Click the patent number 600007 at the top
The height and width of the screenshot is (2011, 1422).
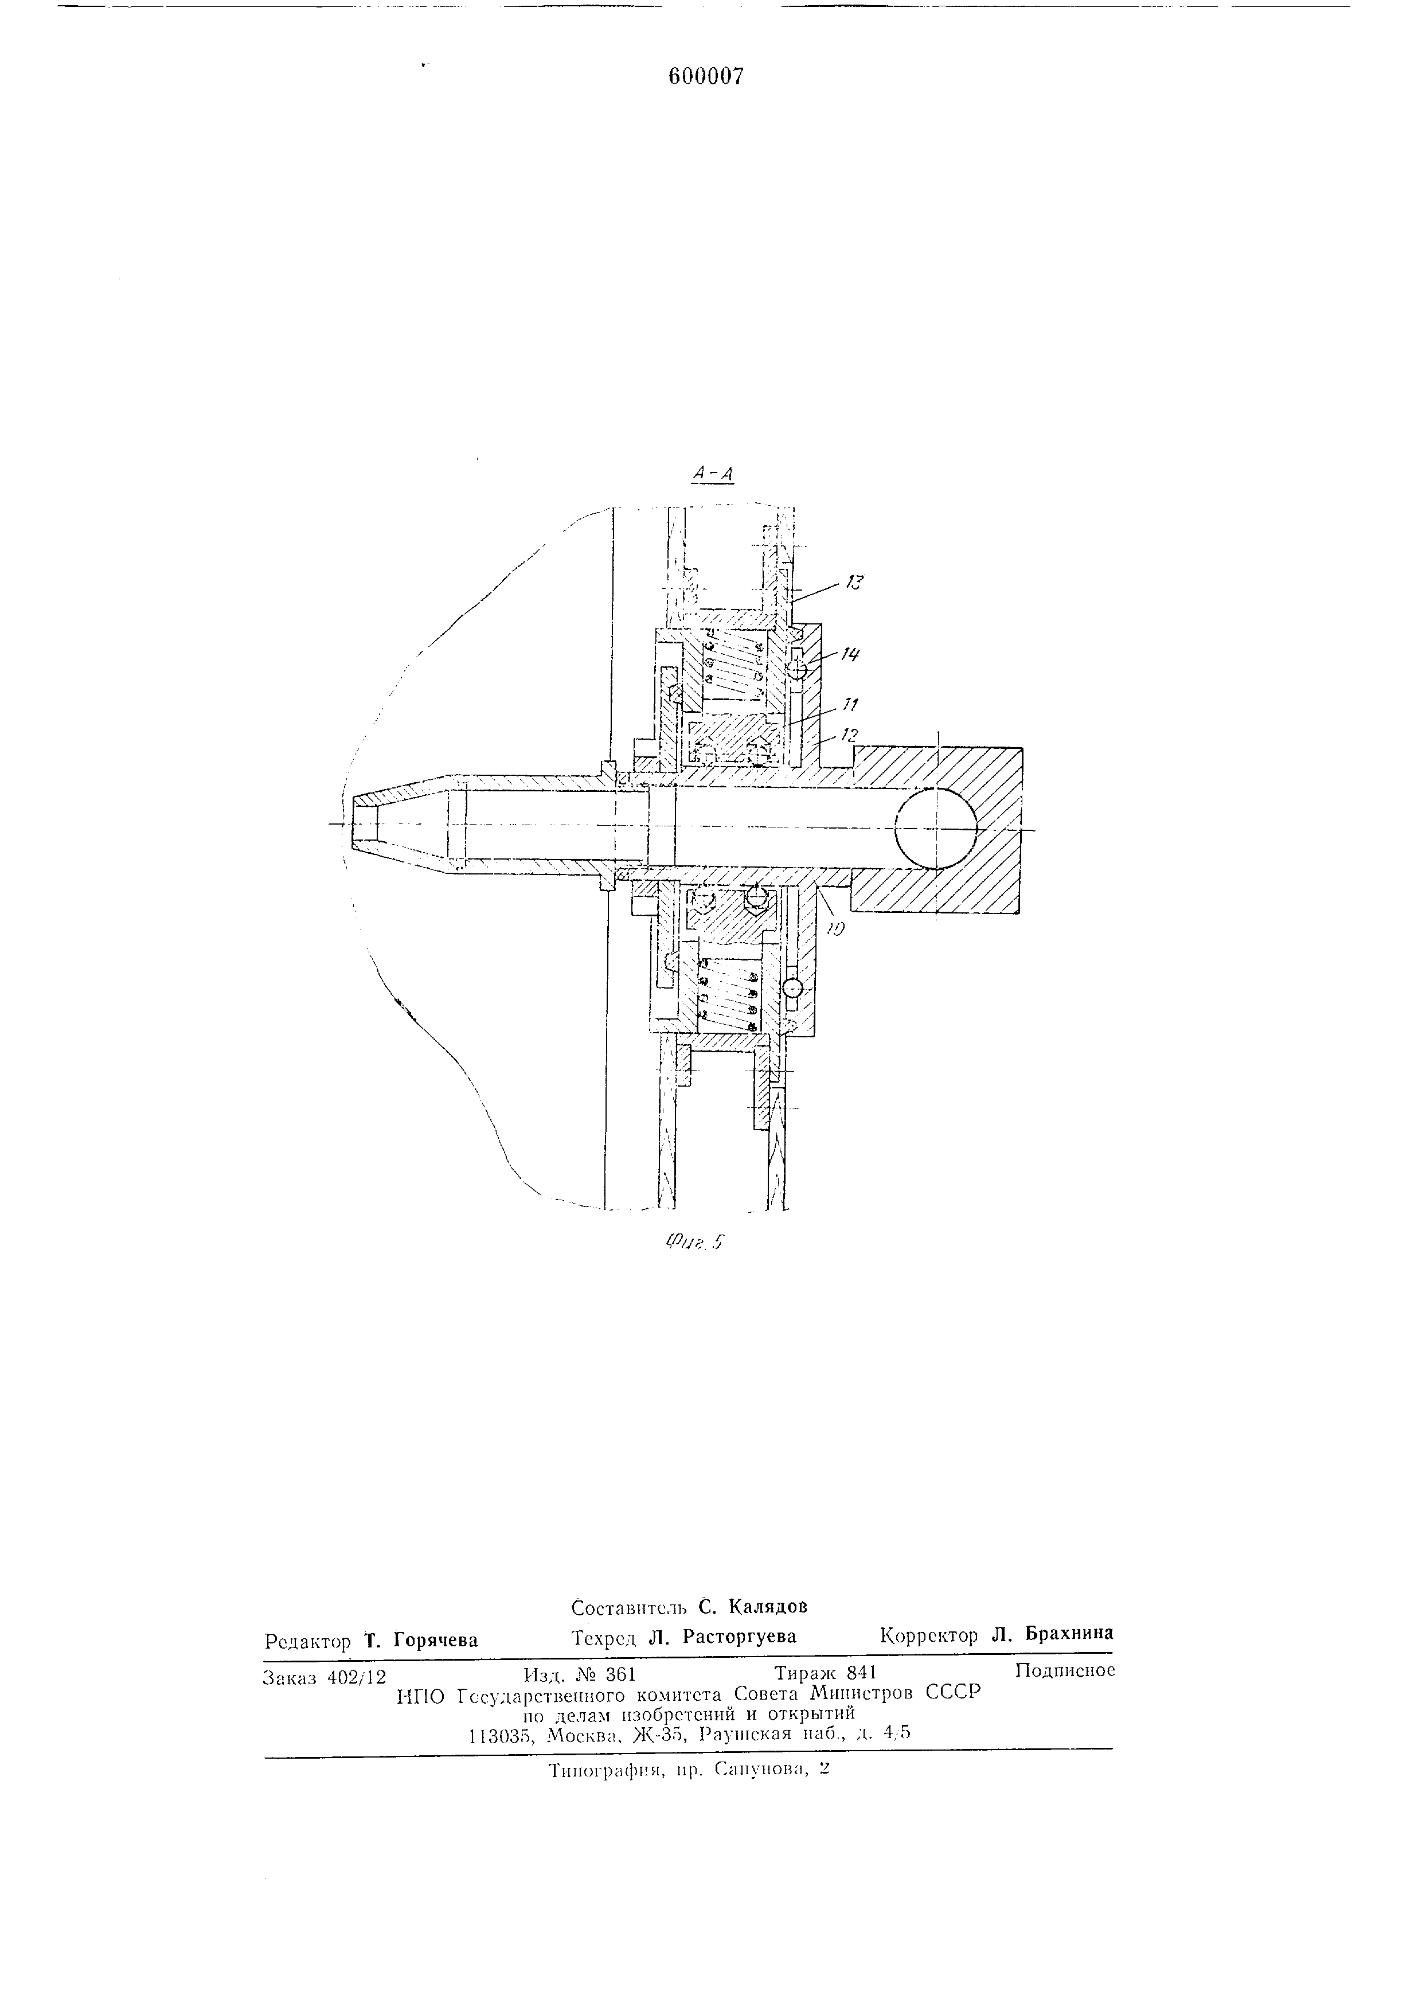click(706, 77)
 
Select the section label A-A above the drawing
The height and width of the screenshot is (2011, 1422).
click(713, 474)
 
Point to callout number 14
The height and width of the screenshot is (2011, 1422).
click(849, 653)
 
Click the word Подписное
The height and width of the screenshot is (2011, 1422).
click(1065, 1670)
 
